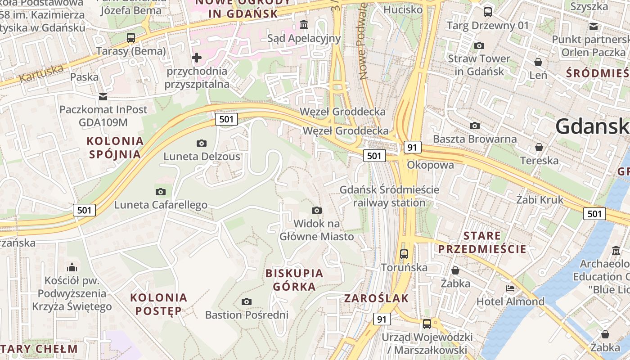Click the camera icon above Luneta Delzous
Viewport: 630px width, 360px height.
(202, 143)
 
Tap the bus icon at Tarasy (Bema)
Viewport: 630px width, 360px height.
(131, 38)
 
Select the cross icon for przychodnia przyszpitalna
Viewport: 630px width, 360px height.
(197, 58)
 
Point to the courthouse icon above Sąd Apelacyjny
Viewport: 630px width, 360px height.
(304, 24)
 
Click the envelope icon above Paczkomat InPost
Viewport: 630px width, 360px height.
(103, 96)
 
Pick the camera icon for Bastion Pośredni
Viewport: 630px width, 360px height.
(246, 301)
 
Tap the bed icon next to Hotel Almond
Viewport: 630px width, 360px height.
(510, 288)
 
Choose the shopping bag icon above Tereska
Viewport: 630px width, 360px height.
(539, 147)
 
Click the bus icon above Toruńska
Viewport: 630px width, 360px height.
(404, 254)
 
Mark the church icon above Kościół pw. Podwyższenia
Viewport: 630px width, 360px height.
(72, 267)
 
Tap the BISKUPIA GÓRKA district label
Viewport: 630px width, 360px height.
(294, 279)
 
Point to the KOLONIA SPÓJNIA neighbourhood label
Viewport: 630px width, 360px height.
(115, 148)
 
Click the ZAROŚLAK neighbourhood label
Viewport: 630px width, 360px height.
(377, 298)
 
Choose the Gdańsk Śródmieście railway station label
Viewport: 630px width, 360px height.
(389, 196)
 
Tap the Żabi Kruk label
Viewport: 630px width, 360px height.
(540, 199)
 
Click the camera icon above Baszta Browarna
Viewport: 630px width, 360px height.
(474, 126)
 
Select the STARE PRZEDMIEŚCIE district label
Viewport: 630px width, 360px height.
(482, 242)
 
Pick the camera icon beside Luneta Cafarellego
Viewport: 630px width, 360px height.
(161, 192)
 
